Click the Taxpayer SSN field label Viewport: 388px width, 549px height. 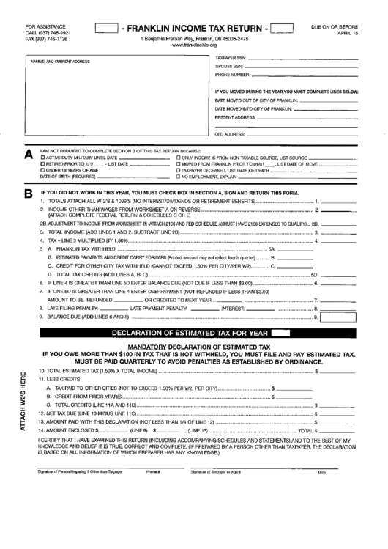pyautogui.click(x=231, y=57)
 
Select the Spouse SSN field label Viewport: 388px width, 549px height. pyautogui.click(x=228, y=65)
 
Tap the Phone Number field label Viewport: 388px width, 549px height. pyautogui.click(x=234, y=75)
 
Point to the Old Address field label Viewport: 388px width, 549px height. pyautogui.click(x=227, y=134)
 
